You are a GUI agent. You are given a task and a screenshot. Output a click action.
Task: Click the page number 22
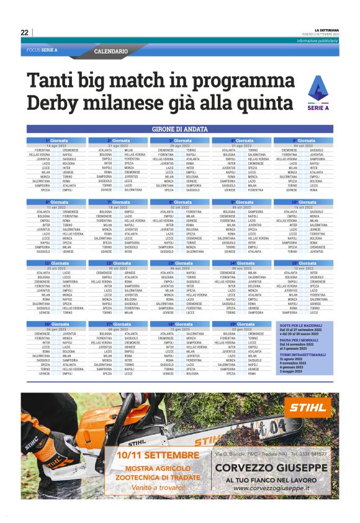click(25, 33)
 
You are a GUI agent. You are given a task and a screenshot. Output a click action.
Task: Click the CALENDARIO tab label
click(111, 51)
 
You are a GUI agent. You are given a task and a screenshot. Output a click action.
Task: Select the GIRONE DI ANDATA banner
click(180, 129)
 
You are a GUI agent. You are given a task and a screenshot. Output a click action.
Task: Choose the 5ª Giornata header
click(304, 140)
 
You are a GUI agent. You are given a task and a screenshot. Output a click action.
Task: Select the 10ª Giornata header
click(304, 202)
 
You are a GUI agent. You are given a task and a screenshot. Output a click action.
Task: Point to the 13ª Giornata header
click(180, 263)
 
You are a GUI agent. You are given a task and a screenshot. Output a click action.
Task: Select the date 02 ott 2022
click(180, 207)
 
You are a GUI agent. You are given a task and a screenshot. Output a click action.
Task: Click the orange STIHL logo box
click(307, 408)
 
